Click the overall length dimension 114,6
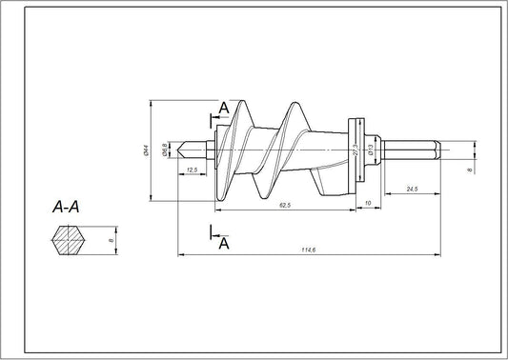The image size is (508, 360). [x=308, y=251]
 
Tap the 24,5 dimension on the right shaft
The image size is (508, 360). [x=412, y=190]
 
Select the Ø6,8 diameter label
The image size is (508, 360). [x=164, y=150]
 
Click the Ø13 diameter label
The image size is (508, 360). [x=367, y=150]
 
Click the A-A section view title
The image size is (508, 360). [x=67, y=206]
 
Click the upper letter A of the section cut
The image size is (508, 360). [x=223, y=109]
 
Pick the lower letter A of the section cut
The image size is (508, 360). [x=224, y=244]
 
